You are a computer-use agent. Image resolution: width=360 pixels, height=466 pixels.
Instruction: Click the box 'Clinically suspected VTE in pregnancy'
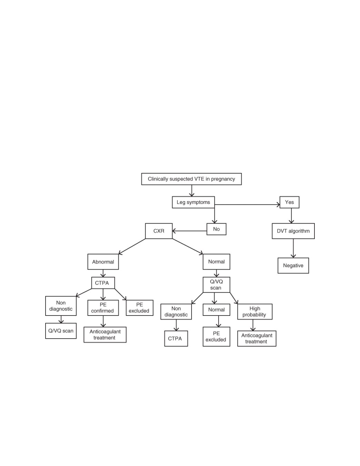point(191,179)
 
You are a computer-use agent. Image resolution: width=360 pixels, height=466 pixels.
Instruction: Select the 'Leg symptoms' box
point(193,202)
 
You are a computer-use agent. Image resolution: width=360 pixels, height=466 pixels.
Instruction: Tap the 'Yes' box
point(289,202)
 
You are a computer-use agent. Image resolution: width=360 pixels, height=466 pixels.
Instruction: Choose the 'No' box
point(216,229)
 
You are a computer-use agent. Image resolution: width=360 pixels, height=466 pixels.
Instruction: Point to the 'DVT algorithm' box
point(293,231)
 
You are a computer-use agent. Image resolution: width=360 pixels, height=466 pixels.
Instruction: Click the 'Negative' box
point(293,265)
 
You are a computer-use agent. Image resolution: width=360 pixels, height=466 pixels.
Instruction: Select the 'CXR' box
point(159,231)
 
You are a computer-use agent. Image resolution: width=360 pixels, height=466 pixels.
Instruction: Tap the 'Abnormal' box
point(103,262)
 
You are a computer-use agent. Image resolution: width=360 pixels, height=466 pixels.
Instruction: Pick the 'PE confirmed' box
point(103,308)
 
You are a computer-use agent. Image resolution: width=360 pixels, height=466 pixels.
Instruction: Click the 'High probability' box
point(255,312)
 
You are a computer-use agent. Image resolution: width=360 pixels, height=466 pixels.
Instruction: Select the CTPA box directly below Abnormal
point(103,283)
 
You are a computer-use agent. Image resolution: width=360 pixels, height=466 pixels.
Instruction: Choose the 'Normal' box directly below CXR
point(216,262)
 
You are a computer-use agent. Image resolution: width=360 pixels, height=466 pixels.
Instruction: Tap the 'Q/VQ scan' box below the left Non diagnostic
point(61,331)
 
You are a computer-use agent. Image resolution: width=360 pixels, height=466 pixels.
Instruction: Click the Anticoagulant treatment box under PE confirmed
point(105,334)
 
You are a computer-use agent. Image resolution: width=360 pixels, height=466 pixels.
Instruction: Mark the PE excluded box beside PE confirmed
point(139,308)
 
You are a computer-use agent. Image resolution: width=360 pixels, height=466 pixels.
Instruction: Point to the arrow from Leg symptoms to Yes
point(247,205)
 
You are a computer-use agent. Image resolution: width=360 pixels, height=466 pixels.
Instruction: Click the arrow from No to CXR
point(189,231)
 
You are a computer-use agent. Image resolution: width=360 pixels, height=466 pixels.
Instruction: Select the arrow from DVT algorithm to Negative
point(293,248)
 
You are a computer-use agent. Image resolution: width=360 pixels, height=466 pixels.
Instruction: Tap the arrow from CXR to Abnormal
point(132,246)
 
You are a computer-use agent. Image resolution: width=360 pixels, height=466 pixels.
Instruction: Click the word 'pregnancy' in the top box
point(223,179)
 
